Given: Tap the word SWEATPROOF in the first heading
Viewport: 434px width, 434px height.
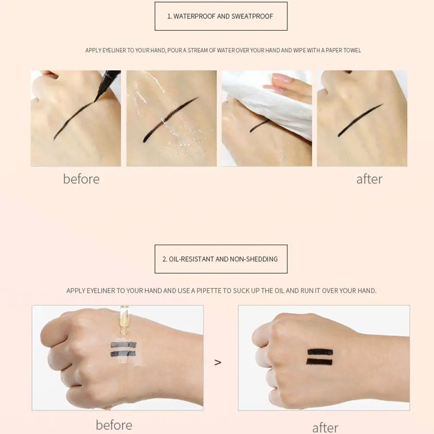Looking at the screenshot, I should (x=251, y=16).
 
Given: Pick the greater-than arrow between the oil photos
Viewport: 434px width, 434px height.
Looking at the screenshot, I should (x=218, y=362).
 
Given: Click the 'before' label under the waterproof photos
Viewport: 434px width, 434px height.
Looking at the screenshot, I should (x=81, y=179).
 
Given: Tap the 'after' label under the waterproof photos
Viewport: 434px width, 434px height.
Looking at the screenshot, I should (x=369, y=179).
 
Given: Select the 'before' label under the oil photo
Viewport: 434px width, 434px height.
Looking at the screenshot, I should (x=114, y=425).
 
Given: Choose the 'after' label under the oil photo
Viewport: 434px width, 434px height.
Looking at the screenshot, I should (x=325, y=427).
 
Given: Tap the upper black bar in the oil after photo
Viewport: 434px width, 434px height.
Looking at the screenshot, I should (x=320, y=352).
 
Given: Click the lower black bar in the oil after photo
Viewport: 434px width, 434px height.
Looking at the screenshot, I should (x=320, y=362).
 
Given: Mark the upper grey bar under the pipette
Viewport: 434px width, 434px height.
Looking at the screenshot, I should (x=123, y=345).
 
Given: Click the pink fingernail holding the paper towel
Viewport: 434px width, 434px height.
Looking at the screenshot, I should (x=282, y=79).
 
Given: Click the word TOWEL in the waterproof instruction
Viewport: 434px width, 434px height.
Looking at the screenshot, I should (x=352, y=50).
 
